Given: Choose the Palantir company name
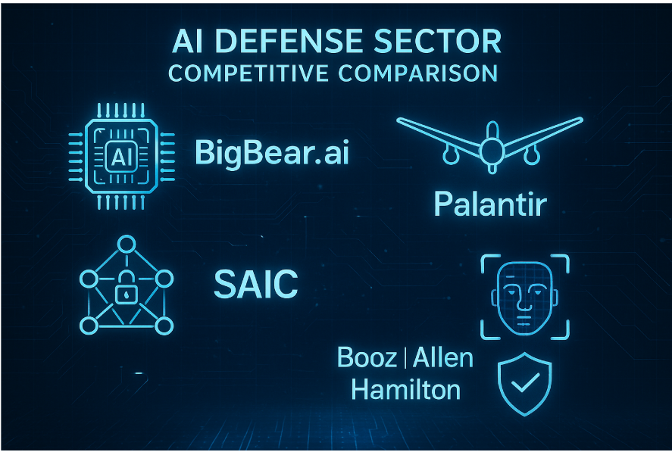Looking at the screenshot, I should coord(489,204).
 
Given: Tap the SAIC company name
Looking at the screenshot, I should coord(255,285).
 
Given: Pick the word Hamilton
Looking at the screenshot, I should coord(406,391).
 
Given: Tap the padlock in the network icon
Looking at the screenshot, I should coord(126,291).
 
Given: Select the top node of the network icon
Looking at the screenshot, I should coord(126,245).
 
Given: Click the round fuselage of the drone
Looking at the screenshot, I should coord(490,151).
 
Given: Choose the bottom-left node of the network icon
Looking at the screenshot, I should coord(89,326).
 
